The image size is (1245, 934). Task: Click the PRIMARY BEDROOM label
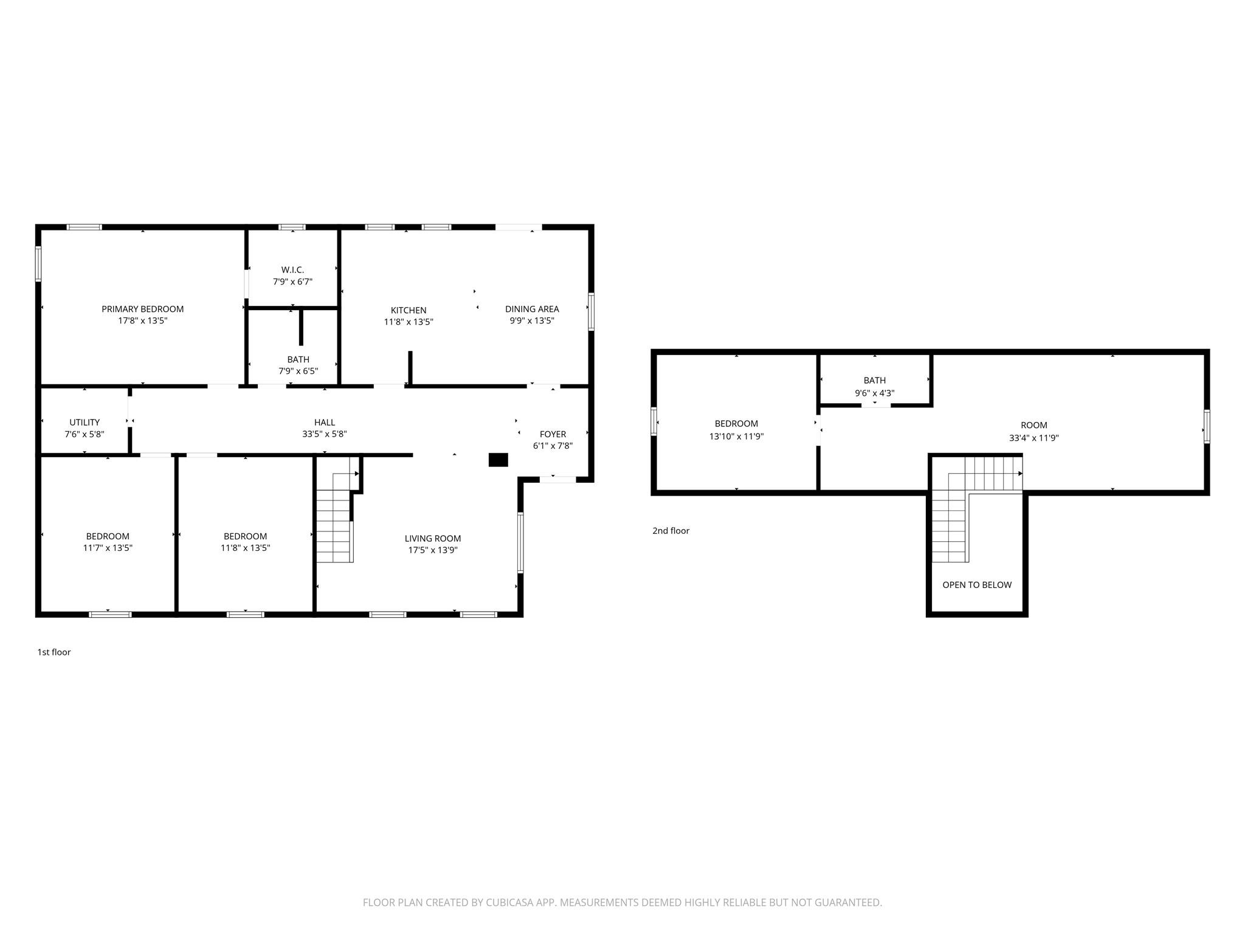142,309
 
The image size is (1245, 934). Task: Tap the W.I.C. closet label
292,269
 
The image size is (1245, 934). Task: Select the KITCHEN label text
409,310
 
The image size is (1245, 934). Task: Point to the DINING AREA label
532,309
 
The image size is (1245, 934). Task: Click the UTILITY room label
84,422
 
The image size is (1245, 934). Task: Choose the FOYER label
553,434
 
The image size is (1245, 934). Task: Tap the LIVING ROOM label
433,538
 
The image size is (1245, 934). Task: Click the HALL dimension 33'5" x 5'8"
325,434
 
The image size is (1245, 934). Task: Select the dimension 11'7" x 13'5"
108,548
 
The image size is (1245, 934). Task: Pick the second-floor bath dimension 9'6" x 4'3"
875,393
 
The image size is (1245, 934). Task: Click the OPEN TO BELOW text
977,585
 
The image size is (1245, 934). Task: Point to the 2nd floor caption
671,531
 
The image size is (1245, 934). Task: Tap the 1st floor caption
54,652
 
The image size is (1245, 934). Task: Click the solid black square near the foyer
498,460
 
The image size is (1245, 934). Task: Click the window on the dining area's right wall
591,312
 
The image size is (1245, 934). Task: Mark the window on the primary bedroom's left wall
38,264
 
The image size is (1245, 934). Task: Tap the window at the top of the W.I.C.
292,227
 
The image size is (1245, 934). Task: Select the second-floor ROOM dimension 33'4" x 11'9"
1034,438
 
